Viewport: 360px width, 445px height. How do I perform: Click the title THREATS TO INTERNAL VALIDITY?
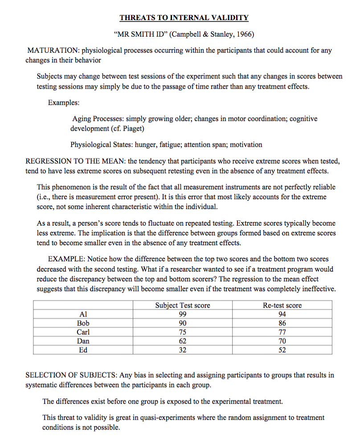click(184, 18)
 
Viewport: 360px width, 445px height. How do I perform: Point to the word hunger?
click(146, 144)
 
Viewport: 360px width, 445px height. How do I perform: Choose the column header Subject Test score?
click(182, 305)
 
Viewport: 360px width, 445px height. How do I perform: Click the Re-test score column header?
click(282, 305)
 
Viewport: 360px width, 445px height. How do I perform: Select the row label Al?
click(83, 314)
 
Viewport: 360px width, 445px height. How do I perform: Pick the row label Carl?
click(83, 332)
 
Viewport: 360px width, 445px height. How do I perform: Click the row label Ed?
click(83, 350)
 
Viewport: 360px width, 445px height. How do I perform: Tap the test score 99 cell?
click(182, 314)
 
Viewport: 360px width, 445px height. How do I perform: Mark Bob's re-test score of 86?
click(282, 323)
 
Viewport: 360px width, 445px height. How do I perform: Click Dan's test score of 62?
click(182, 341)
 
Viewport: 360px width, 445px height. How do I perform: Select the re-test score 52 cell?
click(282, 350)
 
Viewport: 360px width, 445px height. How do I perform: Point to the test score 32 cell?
click(182, 350)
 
